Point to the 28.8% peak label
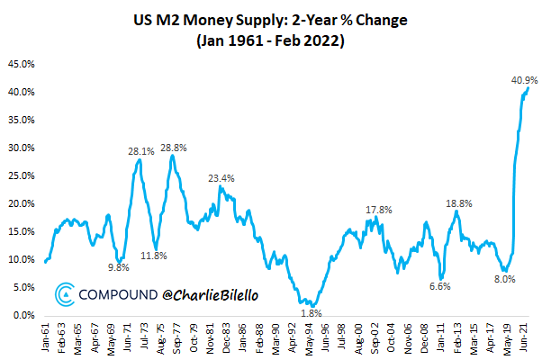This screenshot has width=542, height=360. click(173, 147)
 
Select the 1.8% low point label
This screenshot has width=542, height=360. click(308, 312)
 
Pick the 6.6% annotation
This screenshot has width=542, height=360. click(438, 286)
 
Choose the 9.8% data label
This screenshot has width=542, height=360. click(119, 267)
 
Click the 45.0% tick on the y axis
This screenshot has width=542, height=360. click(21, 65)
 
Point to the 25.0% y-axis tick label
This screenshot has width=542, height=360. click(21, 176)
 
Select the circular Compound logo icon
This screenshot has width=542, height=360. click(65, 293)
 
